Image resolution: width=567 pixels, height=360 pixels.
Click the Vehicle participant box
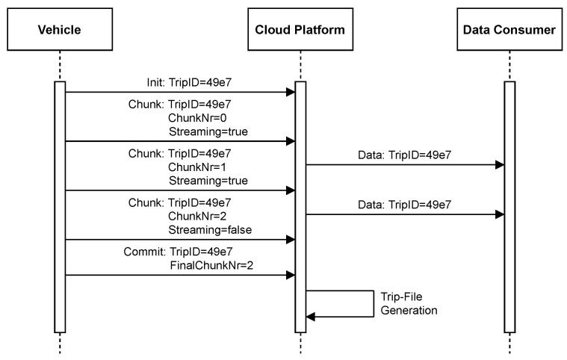coord(60,29)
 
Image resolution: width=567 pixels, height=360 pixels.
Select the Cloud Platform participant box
coord(300,29)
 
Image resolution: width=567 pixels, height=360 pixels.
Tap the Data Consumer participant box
coord(509,29)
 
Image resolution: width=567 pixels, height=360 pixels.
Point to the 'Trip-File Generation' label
coord(409,303)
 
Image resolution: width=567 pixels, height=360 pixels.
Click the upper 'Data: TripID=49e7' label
coord(403,155)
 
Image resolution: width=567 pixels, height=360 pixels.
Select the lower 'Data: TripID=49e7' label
coord(403,203)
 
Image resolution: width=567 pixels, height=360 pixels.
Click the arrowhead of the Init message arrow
coord(291,93)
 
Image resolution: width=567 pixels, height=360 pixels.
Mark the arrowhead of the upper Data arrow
coord(500,165)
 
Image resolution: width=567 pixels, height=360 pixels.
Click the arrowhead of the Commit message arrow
coord(291,276)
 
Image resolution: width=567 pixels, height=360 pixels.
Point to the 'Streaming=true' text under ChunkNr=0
coord(207,131)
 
